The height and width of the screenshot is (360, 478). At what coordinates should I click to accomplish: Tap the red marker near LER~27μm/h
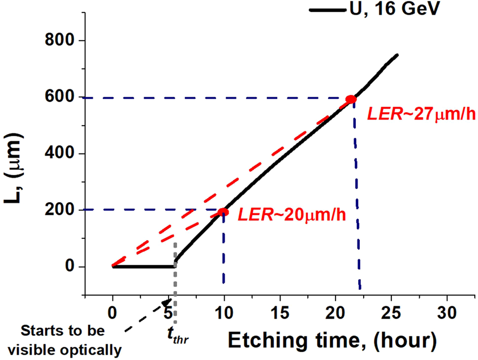pyautogui.click(x=351, y=100)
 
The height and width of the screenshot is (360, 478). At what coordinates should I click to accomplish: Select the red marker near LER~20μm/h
pyautogui.click(x=223, y=212)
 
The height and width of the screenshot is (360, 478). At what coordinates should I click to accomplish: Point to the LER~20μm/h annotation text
pyautogui.click(x=292, y=215)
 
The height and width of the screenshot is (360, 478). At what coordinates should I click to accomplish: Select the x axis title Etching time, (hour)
pyautogui.click(x=332, y=341)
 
